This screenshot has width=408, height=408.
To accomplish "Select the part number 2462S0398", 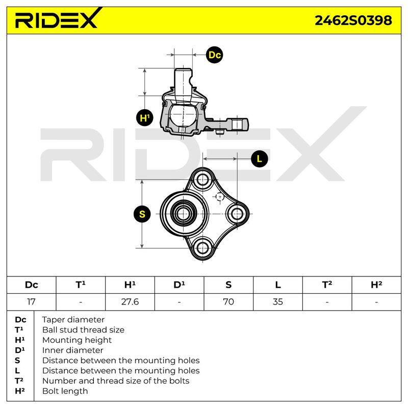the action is (x=353, y=20).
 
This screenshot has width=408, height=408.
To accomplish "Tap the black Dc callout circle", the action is (x=214, y=55).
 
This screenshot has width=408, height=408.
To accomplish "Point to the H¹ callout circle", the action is (x=145, y=118).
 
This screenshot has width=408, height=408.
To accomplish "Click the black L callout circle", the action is (x=260, y=159).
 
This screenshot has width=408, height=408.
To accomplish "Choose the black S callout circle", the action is (x=142, y=214).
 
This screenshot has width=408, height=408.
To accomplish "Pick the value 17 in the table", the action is (x=31, y=302).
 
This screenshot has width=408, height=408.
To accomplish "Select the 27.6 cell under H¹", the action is (x=130, y=302).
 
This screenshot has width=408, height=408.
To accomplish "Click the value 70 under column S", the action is (x=228, y=302).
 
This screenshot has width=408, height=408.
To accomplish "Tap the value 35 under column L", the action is (x=277, y=302).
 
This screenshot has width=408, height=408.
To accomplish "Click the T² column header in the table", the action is (x=327, y=285).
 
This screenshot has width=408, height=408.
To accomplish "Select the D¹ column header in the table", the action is (x=179, y=285).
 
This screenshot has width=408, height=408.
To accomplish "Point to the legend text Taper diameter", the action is (x=73, y=320).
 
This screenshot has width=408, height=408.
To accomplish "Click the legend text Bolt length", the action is (x=65, y=391).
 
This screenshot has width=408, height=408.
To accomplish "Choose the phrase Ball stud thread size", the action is (x=83, y=329).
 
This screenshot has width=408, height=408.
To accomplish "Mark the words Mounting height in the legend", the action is (x=77, y=340).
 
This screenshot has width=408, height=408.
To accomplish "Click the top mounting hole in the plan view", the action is (x=202, y=179).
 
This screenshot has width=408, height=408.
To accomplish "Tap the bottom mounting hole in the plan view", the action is (x=202, y=248).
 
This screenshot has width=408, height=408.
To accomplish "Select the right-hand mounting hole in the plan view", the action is (x=237, y=214).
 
